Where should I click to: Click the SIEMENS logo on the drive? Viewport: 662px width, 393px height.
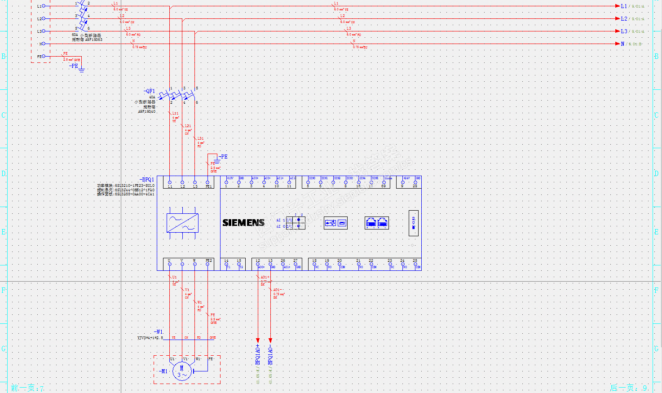point(243,222)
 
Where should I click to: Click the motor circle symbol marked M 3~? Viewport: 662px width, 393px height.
point(182,371)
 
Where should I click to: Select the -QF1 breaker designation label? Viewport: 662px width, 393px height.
point(149,91)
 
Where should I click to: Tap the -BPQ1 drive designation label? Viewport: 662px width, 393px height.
point(147,180)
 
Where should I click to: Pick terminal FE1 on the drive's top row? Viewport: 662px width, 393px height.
point(207,183)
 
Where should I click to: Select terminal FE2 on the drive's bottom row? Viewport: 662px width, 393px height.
point(207,264)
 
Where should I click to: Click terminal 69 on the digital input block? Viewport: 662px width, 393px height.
point(384,182)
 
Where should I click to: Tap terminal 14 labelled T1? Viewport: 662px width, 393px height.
point(226,264)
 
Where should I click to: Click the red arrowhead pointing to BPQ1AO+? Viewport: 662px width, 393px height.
point(258,340)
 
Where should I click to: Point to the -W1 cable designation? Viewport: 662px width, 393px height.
point(158,332)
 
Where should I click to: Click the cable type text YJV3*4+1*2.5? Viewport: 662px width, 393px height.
point(150,338)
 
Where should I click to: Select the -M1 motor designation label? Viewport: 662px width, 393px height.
point(163,371)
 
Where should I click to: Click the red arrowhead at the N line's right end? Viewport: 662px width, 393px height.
point(617,44)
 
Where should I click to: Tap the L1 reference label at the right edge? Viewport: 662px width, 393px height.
point(624,6)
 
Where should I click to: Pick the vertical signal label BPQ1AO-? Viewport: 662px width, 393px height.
point(270,356)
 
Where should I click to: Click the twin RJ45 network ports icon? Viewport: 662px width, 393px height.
point(377,223)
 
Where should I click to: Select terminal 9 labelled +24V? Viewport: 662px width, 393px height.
point(402,182)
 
